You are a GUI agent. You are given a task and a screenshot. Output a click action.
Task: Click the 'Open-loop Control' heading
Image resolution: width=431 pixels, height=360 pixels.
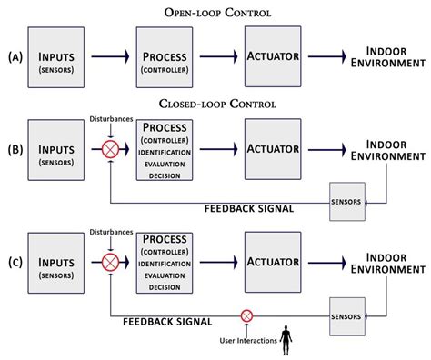pos(215,11)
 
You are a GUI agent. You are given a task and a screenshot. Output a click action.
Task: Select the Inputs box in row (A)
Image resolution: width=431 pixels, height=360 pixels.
pos(56,56)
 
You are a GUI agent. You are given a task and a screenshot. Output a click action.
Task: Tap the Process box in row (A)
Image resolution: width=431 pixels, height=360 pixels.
pos(166,56)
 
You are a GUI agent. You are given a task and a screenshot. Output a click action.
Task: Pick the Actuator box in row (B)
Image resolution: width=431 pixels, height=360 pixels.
pos(275,147)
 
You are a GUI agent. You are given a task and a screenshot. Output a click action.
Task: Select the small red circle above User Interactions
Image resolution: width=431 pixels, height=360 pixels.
pos(246,315)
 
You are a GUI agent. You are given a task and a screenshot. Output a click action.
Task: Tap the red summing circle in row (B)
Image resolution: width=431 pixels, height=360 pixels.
pos(110,147)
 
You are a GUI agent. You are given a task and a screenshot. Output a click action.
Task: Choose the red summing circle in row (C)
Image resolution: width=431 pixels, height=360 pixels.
pos(110,261)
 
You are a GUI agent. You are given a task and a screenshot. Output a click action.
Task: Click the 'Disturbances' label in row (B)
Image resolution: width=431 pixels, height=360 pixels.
pos(108,117)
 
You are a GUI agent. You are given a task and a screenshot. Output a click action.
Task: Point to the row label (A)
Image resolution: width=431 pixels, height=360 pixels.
pos(12,57)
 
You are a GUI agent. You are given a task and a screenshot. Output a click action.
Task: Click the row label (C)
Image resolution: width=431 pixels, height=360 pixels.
pos(12,261)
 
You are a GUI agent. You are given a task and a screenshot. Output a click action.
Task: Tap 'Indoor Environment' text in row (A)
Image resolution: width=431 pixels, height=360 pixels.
pos(391,56)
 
